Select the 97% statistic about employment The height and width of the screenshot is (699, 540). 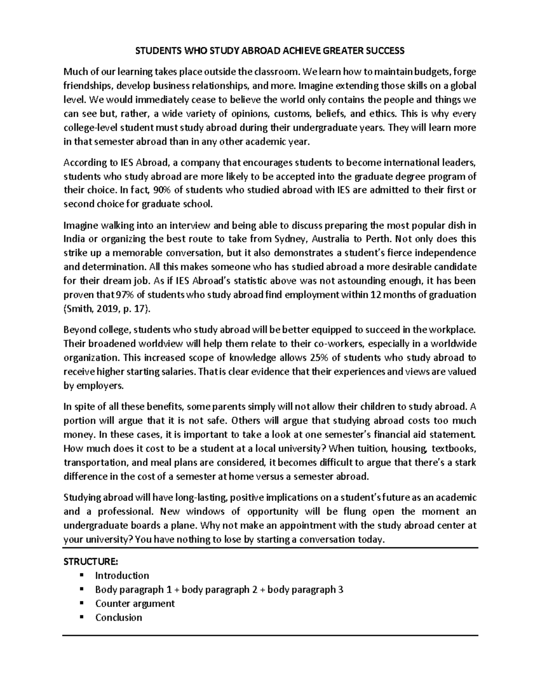click(x=124, y=295)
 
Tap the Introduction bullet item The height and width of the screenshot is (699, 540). click(x=122, y=576)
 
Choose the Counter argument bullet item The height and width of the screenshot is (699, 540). click(x=135, y=604)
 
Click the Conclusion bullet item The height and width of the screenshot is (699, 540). click(x=118, y=618)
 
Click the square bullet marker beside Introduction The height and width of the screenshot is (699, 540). click(x=81, y=575)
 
